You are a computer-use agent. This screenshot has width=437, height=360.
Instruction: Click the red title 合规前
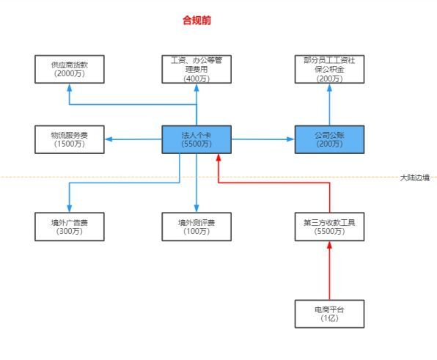coord(197,21)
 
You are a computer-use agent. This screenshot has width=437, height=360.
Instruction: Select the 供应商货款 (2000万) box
coord(70,69)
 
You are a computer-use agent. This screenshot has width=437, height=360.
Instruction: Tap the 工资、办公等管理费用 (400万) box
coord(197,69)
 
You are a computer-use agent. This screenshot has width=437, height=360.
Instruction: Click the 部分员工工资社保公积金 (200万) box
coord(329,69)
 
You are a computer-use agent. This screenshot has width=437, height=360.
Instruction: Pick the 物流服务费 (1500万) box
coord(70,139)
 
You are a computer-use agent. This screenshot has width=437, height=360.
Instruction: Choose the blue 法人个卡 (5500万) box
coord(197,139)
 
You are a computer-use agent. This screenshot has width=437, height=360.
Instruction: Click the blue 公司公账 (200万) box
coord(329,139)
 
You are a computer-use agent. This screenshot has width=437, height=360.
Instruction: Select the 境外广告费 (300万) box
coord(70,227)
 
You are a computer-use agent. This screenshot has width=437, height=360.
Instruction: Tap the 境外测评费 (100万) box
coord(197,227)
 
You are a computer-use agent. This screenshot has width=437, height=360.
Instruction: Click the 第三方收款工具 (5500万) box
coord(329,227)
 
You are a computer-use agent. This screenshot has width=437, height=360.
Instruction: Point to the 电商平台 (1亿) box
coord(329,314)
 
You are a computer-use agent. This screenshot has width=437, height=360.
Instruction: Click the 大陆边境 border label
coord(415,177)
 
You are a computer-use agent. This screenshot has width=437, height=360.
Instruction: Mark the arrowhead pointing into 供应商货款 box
coord(70,87)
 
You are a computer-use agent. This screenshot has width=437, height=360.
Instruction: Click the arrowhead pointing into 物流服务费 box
coord(109,139)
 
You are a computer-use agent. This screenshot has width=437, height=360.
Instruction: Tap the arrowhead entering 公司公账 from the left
coord(290,139)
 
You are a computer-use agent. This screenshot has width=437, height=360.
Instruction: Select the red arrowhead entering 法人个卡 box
coord(218,158)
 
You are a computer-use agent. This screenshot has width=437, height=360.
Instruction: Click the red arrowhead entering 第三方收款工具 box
coord(329,245)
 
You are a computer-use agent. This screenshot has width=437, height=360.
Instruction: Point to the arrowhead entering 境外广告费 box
coord(70,208)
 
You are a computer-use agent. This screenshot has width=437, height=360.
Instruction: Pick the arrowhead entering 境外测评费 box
coord(197,208)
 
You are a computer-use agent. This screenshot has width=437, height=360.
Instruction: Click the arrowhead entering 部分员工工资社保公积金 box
coord(329,87)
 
